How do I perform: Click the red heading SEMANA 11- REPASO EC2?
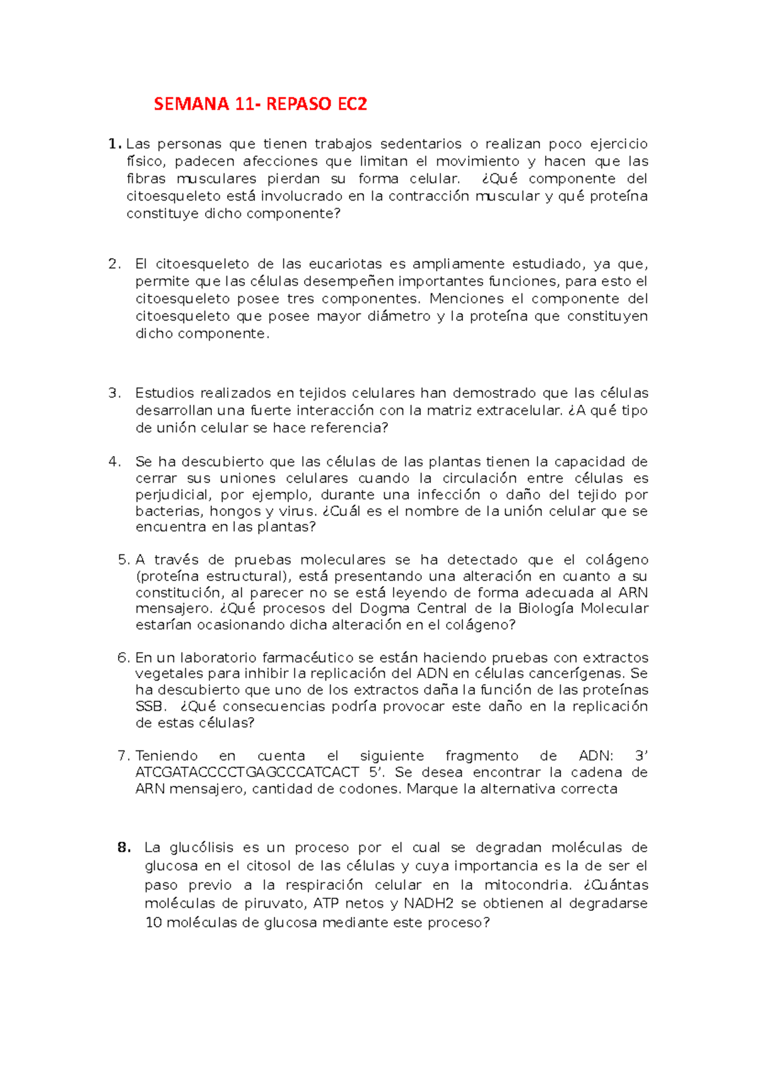point(260,104)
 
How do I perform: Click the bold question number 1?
point(114,144)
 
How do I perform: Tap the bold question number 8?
point(124,848)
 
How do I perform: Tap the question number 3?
point(114,393)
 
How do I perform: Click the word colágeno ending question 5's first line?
point(616,560)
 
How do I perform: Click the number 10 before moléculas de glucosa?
point(154,923)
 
